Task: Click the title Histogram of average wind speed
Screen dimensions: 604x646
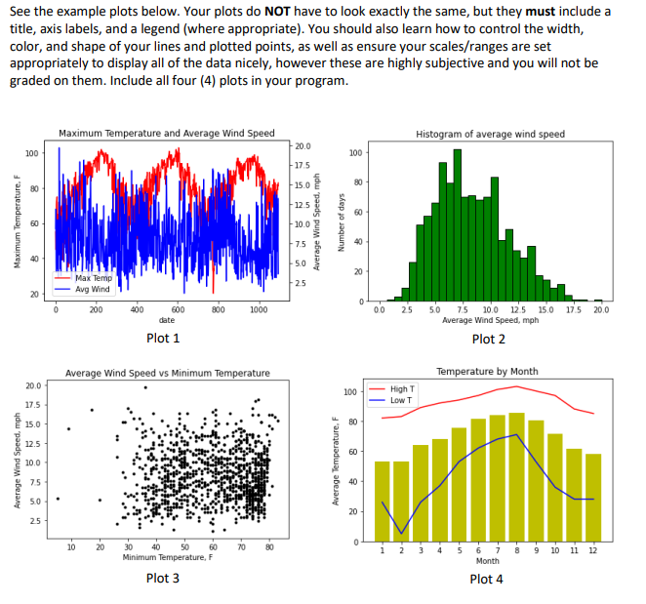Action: (489, 134)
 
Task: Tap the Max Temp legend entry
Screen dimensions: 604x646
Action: (94, 278)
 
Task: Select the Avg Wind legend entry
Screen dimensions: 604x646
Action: (94, 288)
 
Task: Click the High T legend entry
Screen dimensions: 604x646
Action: (402, 389)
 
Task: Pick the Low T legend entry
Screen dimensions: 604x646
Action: (401, 400)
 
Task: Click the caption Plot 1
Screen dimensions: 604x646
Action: (162, 338)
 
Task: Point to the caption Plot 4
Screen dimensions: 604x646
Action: (486, 579)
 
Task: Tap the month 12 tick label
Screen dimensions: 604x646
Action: (592, 550)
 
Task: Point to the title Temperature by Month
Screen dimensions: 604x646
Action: (487, 372)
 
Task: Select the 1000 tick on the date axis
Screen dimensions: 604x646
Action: (259, 308)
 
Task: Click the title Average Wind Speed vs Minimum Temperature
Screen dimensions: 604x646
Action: (167, 373)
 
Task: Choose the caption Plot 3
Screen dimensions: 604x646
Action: (162, 578)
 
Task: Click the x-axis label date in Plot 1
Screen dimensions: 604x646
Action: (167, 319)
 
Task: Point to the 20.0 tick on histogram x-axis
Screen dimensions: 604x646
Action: (598, 309)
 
